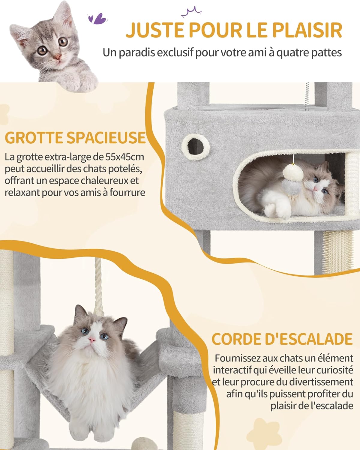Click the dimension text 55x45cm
125,157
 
